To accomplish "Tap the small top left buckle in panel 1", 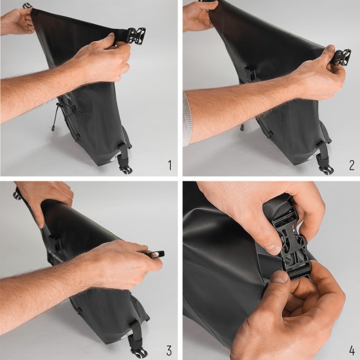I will pos(27,6).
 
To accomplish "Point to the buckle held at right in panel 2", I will pos(340,56).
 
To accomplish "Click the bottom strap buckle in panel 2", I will pos(325,168).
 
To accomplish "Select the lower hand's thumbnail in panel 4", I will pos(279,279).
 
